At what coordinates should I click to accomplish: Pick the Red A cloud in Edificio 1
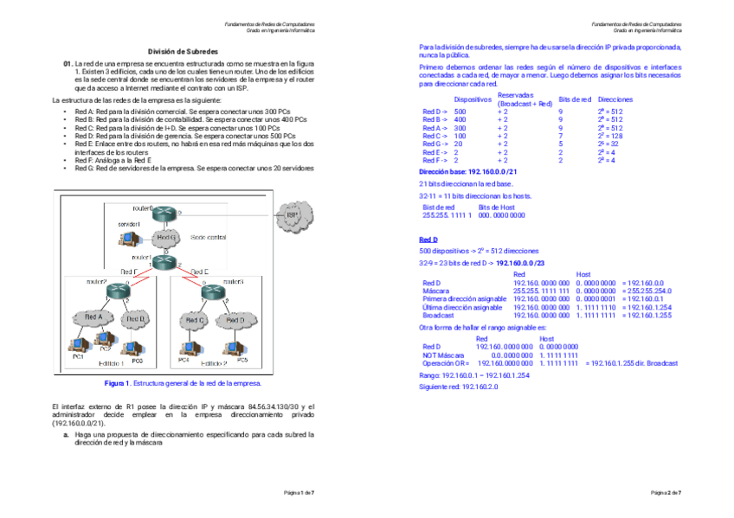93,318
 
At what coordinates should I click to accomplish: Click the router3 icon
208,292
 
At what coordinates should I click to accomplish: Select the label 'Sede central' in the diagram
208,237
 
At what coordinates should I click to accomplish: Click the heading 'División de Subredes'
182,52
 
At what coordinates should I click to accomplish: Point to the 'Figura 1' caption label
117,382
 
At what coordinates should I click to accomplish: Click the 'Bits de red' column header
575,99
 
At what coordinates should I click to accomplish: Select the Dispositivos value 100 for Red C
460,136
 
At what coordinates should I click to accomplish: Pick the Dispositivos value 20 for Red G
459,144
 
